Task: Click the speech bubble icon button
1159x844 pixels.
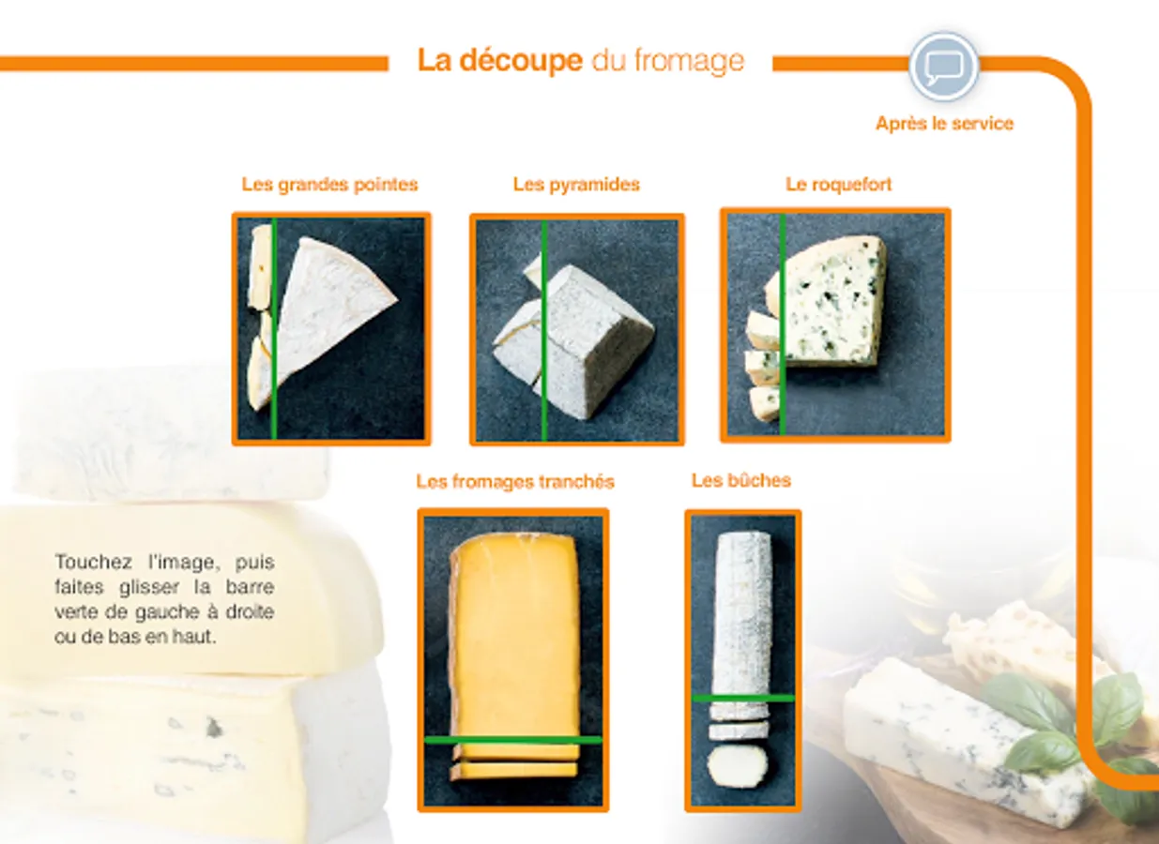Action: coord(944,67)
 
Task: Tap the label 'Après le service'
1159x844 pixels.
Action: coord(944,124)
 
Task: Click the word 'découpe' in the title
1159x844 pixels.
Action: coord(521,61)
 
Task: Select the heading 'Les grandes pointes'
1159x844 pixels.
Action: coord(329,185)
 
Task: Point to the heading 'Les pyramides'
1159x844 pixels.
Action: coord(576,185)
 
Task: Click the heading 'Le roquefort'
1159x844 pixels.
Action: coord(838,185)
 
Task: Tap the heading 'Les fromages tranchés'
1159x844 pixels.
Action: coord(515,482)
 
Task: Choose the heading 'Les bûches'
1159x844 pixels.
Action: coord(741,480)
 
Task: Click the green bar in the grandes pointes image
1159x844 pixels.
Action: coord(274,328)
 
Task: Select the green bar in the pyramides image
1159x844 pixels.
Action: coord(543,330)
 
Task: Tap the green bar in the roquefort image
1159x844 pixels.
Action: coord(783,324)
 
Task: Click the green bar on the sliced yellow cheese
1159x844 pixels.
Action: coord(512,740)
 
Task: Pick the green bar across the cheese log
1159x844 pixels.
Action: coord(742,698)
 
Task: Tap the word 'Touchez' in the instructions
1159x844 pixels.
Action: coord(93,562)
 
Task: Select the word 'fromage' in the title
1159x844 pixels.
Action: coord(689,62)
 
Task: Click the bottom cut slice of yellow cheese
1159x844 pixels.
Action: coord(513,771)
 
